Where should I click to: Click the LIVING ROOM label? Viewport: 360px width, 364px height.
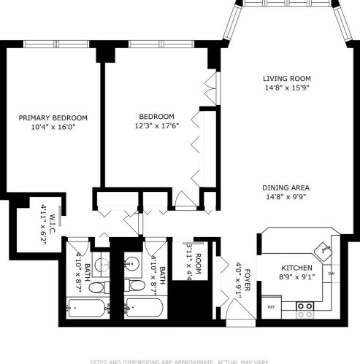click(287, 78)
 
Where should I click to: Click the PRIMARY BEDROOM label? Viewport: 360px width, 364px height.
click(53, 117)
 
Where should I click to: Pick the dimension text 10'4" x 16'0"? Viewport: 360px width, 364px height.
click(53, 127)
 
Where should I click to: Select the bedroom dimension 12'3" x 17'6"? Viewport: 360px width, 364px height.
click(157, 126)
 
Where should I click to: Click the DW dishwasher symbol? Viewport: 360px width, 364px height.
click(331, 274)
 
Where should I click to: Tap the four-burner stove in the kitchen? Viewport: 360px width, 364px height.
click(305, 310)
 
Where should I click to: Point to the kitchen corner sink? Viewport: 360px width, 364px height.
click(323, 250)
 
